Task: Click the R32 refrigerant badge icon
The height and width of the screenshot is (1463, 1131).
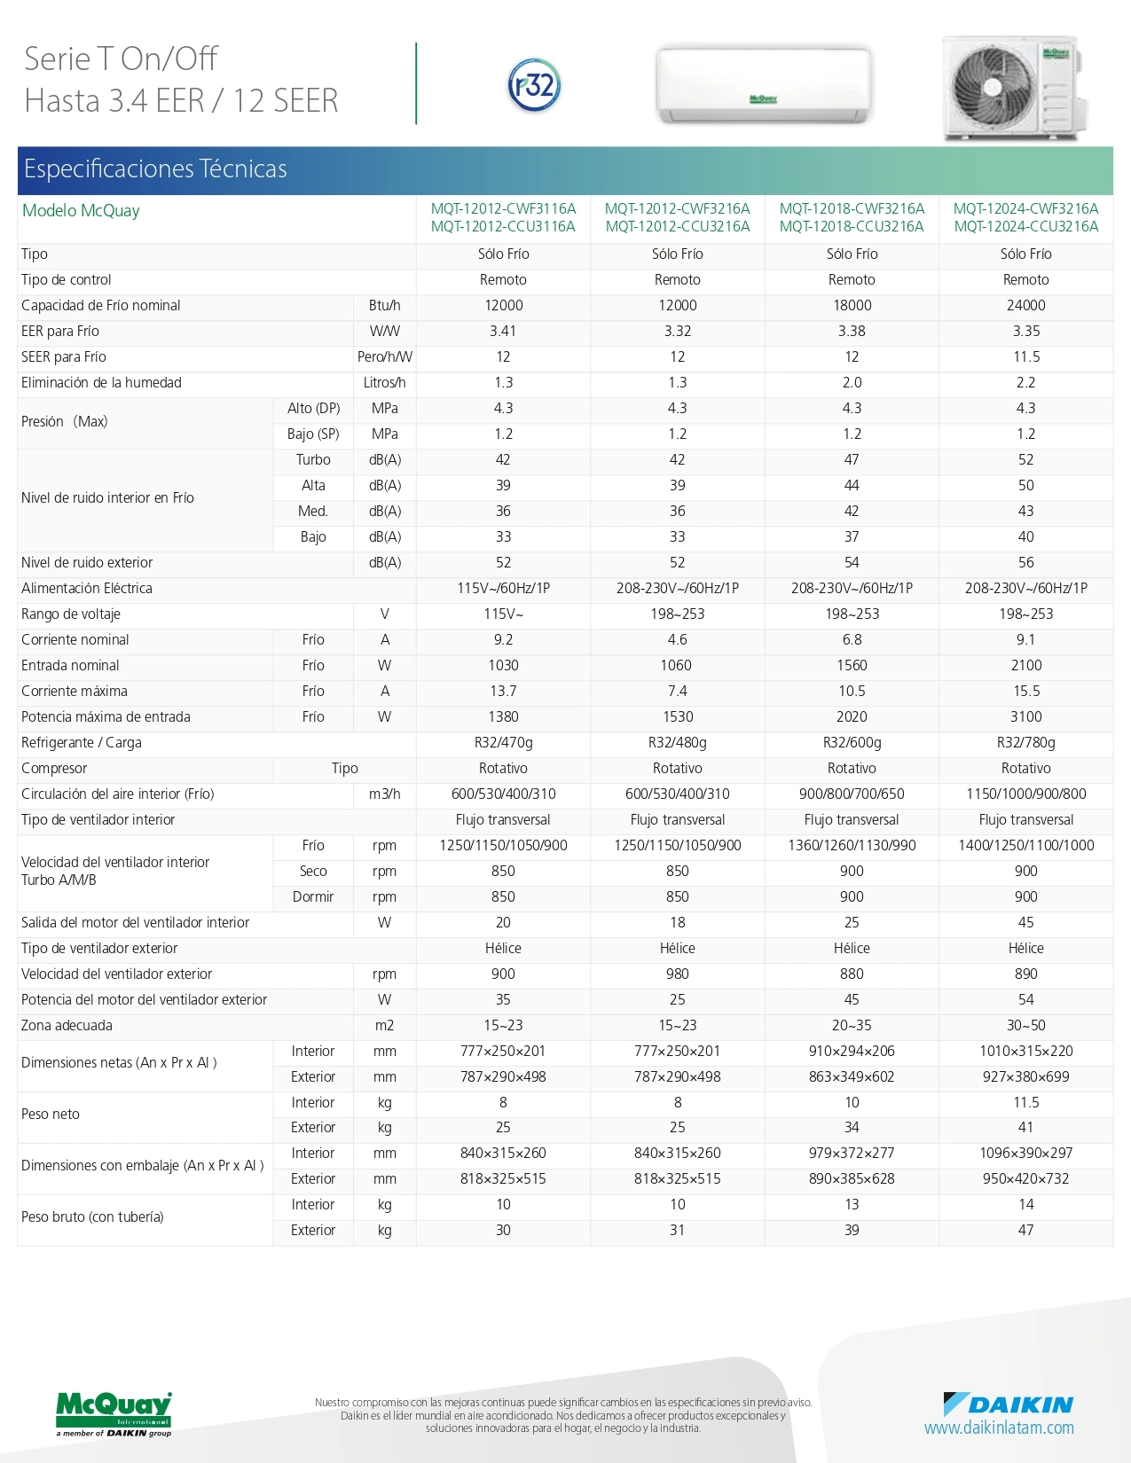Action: [x=534, y=85]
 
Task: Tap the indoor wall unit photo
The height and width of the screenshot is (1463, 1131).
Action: [x=764, y=84]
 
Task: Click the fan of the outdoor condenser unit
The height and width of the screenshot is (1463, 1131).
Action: [x=993, y=87]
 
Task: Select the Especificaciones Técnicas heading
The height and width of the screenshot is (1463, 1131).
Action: [x=155, y=169]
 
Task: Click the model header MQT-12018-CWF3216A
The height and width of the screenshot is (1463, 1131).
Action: [x=852, y=208]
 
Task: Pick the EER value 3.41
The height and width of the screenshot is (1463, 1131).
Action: [x=503, y=332]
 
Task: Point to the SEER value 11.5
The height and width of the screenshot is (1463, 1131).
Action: [x=1026, y=356]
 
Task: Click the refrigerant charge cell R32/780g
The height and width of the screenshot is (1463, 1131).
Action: [x=1026, y=743]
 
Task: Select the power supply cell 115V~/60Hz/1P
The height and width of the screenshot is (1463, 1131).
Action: [x=503, y=589]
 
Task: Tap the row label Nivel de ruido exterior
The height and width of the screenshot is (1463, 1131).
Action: [x=87, y=563]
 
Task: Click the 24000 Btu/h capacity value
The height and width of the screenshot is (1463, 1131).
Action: [x=1026, y=306]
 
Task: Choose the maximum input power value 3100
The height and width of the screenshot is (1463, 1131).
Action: [x=1026, y=717]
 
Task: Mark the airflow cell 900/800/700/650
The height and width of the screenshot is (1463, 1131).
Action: [x=852, y=794]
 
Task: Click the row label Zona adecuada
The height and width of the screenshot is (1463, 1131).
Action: [x=67, y=1025]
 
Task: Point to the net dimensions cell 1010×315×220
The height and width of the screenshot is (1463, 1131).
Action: [x=1026, y=1051]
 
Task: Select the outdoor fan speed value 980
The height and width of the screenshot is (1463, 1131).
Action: [x=677, y=974]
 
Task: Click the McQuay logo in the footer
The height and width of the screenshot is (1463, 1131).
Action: [x=114, y=1413]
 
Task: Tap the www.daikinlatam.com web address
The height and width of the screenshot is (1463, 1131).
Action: [x=999, y=1428]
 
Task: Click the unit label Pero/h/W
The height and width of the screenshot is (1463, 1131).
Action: [x=385, y=356]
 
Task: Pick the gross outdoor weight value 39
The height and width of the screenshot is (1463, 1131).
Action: [x=852, y=1230]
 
